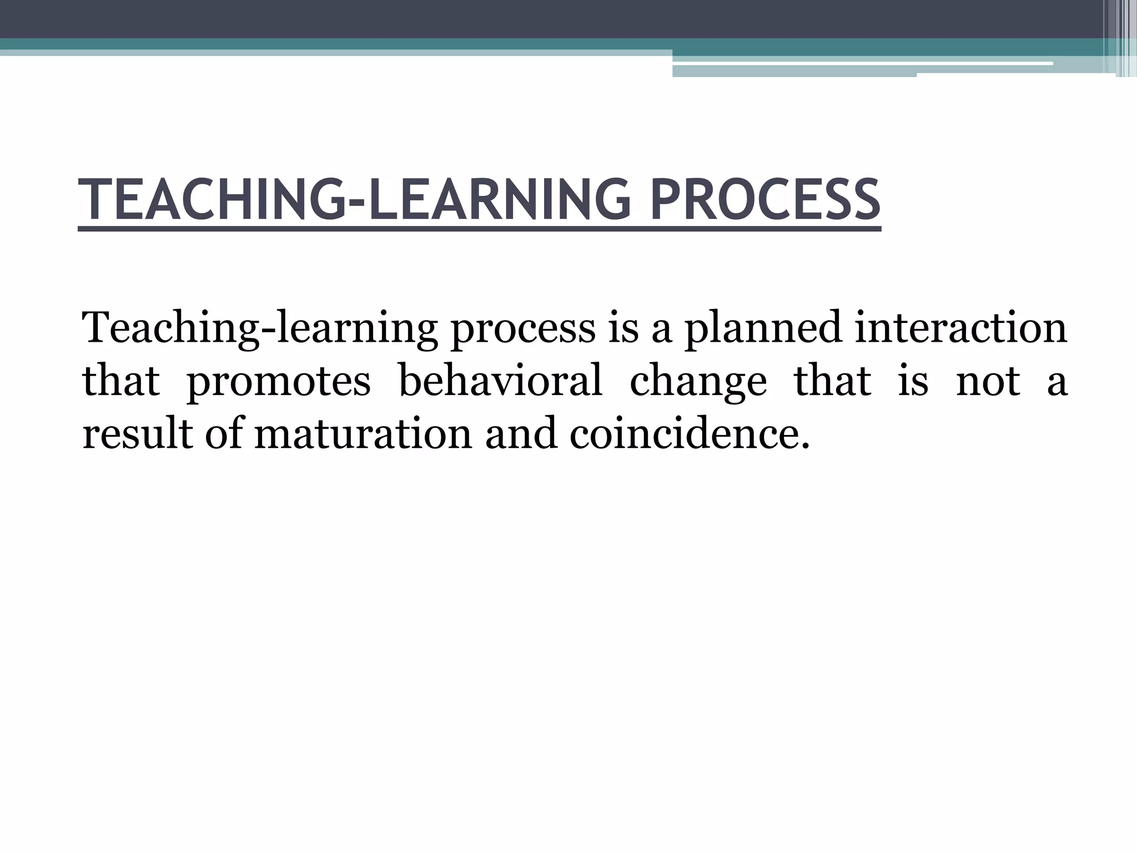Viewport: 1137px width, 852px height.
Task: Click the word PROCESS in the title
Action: pos(765,199)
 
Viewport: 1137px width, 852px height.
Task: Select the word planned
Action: pos(763,328)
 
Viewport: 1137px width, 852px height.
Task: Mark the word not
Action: pos(988,382)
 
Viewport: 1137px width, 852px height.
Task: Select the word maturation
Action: pos(363,434)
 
